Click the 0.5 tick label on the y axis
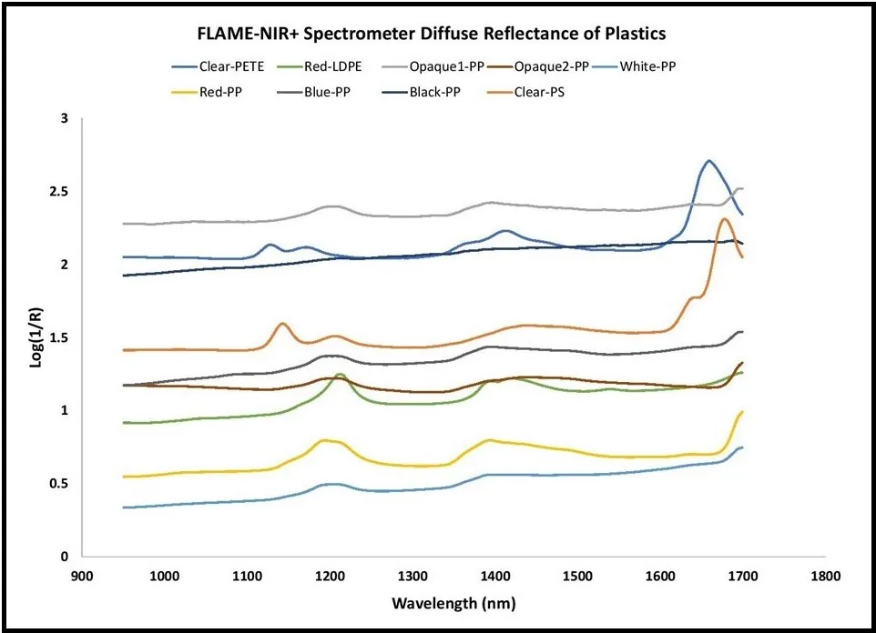(60, 483)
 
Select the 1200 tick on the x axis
(330, 576)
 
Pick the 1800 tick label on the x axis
(826, 576)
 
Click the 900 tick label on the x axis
(82, 576)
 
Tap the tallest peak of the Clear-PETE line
(708, 161)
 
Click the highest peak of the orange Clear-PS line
(724, 219)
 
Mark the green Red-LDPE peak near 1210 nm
(341, 374)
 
